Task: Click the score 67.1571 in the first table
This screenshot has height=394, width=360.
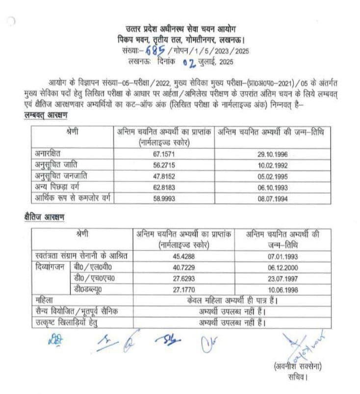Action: pos(164,154)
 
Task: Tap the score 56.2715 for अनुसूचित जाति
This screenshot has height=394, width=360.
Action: pos(164,165)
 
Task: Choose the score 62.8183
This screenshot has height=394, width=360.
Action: pos(164,187)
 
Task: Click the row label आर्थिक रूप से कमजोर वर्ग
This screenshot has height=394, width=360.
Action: pos(71,198)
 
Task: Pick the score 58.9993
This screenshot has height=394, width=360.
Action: pos(164,198)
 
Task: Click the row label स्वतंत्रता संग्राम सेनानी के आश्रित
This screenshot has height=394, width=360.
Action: pos(78,256)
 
